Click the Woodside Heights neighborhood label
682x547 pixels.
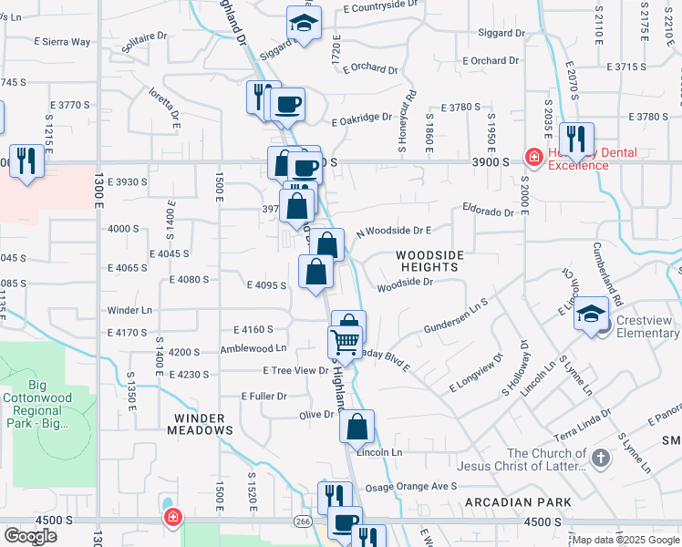pyautogui.click(x=428, y=261)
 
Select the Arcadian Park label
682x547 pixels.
pyautogui.click(x=518, y=502)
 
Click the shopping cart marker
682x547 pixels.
pyautogui.click(x=345, y=342)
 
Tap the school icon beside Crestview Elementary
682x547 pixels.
pyautogui.click(x=592, y=316)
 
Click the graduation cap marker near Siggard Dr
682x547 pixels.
pyautogui.click(x=304, y=23)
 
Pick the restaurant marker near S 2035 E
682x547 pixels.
pyautogui.click(x=575, y=139)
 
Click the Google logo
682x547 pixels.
pyautogui.click(x=30, y=536)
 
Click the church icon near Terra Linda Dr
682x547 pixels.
pyautogui.click(x=600, y=459)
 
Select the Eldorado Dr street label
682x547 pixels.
pyautogui.click(x=488, y=211)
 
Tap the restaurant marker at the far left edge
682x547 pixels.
pyautogui.click(x=26, y=160)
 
